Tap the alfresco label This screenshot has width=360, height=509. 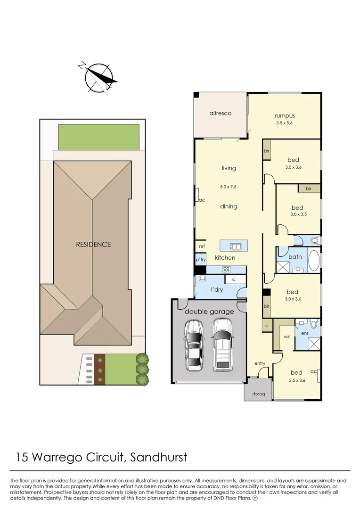point(221,114)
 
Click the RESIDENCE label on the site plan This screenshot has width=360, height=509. point(93,244)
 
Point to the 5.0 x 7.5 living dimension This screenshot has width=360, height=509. point(228,187)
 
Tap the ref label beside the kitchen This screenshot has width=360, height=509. point(202,246)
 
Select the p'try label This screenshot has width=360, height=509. point(201,260)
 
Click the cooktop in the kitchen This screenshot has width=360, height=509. point(226,270)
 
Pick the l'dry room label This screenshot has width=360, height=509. point(216,289)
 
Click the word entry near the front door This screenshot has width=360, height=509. point(260,363)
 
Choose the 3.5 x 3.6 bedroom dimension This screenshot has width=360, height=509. point(297,381)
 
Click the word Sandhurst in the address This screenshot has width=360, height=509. point(158,457)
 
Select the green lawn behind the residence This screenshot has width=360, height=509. point(98,137)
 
